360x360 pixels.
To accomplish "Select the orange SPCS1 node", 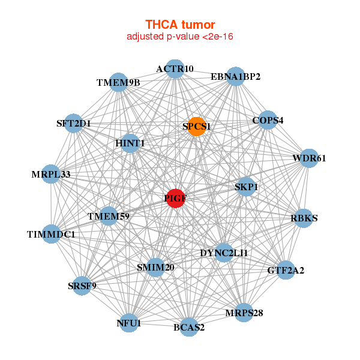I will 196,127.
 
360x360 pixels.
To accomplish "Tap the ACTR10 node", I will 175,69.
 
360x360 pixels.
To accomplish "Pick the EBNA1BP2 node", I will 235,77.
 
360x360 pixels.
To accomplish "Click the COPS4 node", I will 268,120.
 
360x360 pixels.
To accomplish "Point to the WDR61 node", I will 309,158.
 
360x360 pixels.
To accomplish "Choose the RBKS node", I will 304,218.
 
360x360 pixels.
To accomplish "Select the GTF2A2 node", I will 286,271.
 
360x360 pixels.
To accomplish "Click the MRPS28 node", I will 244,313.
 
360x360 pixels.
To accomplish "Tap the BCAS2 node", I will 189,327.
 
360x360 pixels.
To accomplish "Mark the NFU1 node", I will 129,323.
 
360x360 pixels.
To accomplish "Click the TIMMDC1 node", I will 52,234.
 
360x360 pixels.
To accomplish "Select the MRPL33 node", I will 51,175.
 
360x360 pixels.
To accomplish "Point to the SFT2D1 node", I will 74,124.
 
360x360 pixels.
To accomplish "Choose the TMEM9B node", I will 118,82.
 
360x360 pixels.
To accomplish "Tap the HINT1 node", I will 130,143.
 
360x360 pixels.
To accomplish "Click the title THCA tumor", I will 180,25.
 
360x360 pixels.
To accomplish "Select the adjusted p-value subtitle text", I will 180,37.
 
